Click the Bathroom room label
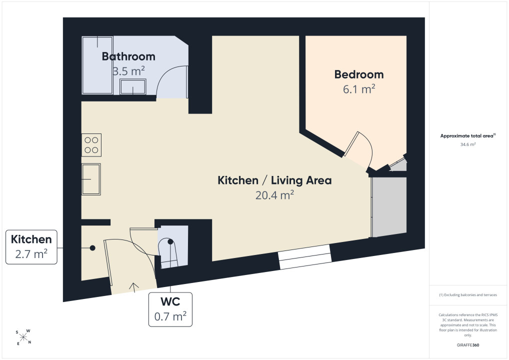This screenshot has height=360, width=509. tap(128, 56)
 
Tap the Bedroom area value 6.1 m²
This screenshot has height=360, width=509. tap(359, 89)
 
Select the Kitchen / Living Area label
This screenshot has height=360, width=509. tap(274, 180)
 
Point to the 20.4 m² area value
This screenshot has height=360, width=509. tap(274, 195)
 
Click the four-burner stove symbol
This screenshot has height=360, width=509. tap(91, 145)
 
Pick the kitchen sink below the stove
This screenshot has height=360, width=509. tap(91, 179)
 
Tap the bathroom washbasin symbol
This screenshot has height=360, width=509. tap(133, 86)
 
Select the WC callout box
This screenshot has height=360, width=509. tap(170, 309)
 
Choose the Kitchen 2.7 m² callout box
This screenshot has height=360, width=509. tap(31, 247)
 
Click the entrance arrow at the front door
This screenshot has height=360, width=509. tap(133, 287)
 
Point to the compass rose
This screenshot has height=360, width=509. tap(23, 337)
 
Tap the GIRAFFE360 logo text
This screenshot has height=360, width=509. tap(468, 345)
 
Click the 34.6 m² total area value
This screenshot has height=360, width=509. tap(468, 144)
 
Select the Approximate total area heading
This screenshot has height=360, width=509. tap(468, 136)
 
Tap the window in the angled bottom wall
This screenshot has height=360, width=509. tap(305, 257)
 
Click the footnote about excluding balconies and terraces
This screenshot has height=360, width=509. tap(468, 295)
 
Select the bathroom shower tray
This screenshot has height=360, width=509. tap(97, 65)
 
